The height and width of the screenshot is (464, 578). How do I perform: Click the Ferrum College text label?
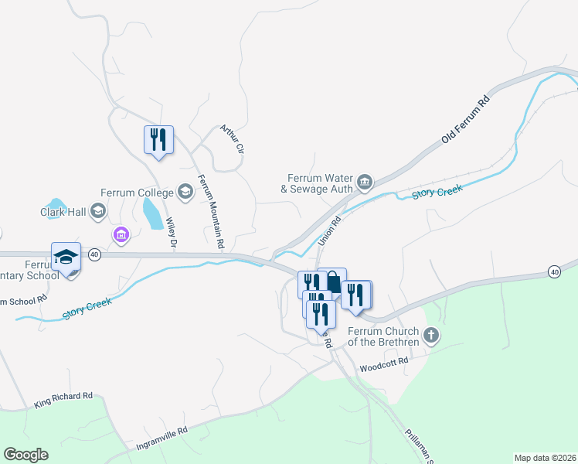coord(136,192)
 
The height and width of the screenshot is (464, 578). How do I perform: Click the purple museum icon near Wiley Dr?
coord(121,234)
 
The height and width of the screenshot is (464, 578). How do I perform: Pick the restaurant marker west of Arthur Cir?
coord(158,140)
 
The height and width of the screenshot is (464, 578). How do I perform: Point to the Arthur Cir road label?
coord(233,138)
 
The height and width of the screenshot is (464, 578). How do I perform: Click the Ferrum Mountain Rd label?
coord(211,211)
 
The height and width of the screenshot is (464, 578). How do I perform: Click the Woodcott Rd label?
coord(384,365)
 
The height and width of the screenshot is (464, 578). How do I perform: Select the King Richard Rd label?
coord(63,401)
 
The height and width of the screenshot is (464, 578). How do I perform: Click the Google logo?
coord(25,455)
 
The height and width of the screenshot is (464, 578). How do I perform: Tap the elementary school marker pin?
coord(66,258)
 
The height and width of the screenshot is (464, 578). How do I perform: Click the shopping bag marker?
coord(332,281)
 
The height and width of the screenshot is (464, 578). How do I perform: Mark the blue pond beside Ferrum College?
coord(152,213)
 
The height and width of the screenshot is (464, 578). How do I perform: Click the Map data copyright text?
coord(545,458)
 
